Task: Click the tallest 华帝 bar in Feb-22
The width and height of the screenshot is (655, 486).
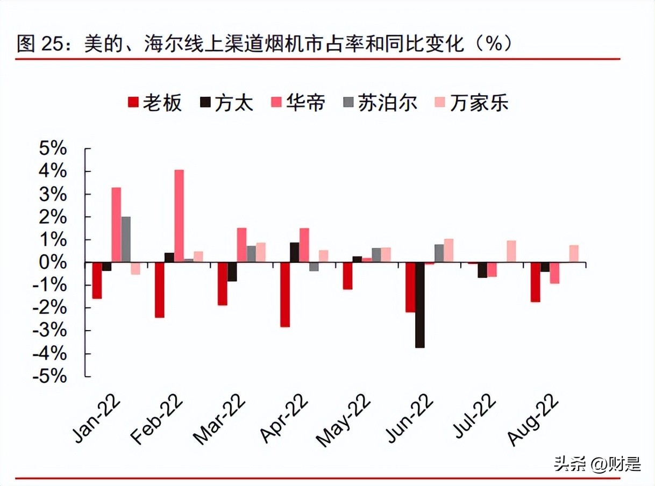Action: tap(179, 216)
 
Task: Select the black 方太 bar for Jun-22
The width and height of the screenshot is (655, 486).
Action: tap(419, 305)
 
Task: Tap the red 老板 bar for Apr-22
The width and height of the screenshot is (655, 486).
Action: tap(285, 295)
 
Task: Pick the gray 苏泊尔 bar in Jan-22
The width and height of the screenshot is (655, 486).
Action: tap(126, 239)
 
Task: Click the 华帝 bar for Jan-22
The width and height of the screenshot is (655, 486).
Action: tap(116, 225)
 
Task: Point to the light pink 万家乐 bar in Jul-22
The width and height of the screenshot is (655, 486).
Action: tap(511, 252)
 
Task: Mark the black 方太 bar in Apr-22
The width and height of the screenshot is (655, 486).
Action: tap(294, 253)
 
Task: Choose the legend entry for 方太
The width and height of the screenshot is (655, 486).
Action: tap(226, 102)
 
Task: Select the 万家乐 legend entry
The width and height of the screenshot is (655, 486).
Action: tap(471, 102)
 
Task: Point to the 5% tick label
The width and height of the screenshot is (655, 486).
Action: tap(52, 149)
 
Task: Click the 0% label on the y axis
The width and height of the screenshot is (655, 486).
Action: tap(52, 262)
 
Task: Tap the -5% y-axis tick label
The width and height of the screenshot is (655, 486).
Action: tap(49, 376)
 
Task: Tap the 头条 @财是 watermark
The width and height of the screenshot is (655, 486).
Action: tap(597, 463)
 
